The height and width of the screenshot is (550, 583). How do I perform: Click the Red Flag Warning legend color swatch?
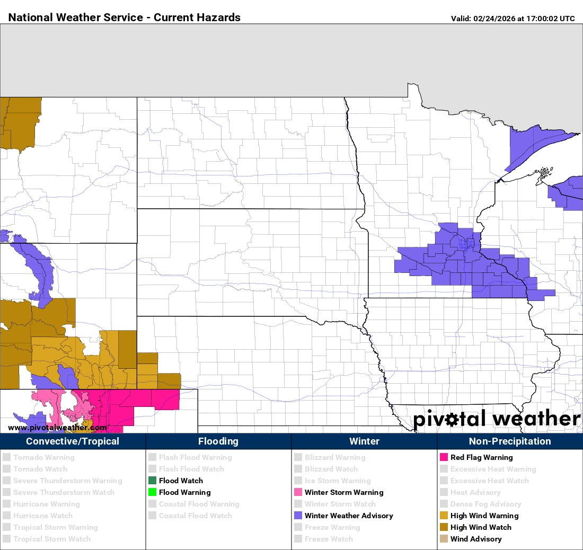pyautogui.click(x=444, y=457)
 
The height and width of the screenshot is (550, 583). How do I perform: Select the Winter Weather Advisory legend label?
pyautogui.click(x=349, y=516)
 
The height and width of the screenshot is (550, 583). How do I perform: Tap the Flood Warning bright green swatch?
pyautogui.click(x=152, y=492)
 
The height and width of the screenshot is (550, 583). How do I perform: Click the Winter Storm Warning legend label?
pyautogui.click(x=343, y=492)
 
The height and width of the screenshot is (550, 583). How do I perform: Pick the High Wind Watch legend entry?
pyautogui.click(x=481, y=527)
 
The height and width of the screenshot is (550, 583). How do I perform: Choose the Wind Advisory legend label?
pyautogui.click(x=475, y=539)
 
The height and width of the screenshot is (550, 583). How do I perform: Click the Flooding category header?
pyautogui.click(x=218, y=441)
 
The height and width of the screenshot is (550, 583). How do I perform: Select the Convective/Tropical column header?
pyautogui.click(x=73, y=441)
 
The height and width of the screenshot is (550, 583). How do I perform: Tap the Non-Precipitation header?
pyautogui.click(x=510, y=441)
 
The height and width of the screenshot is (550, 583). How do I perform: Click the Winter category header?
pyautogui.click(x=364, y=441)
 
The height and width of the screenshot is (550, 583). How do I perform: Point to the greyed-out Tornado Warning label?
pyautogui.click(x=44, y=457)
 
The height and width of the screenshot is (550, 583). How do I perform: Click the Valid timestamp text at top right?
pyautogui.click(x=513, y=19)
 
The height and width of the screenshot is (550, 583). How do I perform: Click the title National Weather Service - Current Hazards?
pyautogui.click(x=125, y=17)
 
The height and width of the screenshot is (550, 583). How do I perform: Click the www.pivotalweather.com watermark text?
pyautogui.click(x=57, y=428)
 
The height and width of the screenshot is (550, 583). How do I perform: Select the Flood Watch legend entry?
pyautogui.click(x=181, y=481)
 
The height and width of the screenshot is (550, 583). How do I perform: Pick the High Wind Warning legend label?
pyautogui.click(x=484, y=516)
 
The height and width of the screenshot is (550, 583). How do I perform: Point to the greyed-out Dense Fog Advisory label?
pyautogui.click(x=485, y=504)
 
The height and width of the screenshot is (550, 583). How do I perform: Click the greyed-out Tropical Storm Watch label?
pyautogui.click(x=52, y=539)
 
